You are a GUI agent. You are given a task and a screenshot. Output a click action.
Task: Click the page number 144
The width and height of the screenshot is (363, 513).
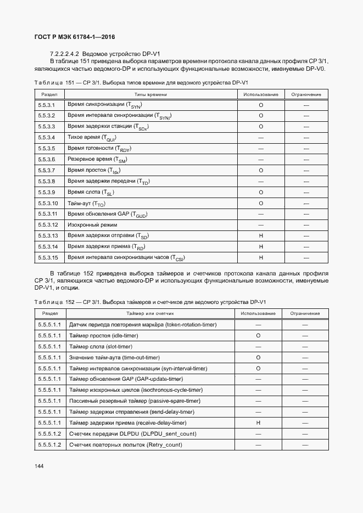38,466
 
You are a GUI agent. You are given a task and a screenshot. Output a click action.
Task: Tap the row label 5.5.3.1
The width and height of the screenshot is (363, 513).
47,104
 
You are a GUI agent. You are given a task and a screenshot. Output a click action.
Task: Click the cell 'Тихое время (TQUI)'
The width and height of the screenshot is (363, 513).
92,137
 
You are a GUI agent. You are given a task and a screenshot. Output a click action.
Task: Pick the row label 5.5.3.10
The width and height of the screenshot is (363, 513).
48,203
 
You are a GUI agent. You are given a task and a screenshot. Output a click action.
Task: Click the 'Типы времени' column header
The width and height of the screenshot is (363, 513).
147,94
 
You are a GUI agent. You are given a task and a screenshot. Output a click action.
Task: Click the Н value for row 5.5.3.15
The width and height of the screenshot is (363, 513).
261,257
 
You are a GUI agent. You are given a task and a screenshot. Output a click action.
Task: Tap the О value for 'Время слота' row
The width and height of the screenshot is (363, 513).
261,192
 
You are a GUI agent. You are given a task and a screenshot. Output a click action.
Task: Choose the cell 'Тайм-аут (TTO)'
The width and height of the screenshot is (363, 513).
86,203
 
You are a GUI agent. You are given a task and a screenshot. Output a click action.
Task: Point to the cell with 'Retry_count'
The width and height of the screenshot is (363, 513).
125,444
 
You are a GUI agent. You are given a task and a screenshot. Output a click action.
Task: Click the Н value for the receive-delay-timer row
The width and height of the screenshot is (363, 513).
258,422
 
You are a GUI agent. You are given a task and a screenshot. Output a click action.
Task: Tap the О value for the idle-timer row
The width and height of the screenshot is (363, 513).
258,335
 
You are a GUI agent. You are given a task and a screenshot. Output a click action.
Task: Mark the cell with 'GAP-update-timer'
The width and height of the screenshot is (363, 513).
126,379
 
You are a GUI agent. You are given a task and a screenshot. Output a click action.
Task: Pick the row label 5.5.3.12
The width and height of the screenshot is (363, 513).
48,225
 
